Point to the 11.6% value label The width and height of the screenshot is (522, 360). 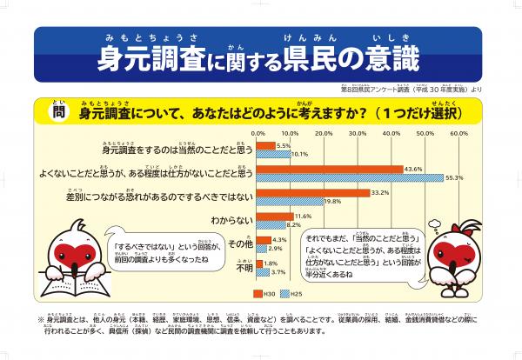point(304,216)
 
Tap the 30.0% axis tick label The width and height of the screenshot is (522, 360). point(358,133)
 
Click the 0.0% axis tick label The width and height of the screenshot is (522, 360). point(258,133)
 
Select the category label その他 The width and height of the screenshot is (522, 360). point(239,244)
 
